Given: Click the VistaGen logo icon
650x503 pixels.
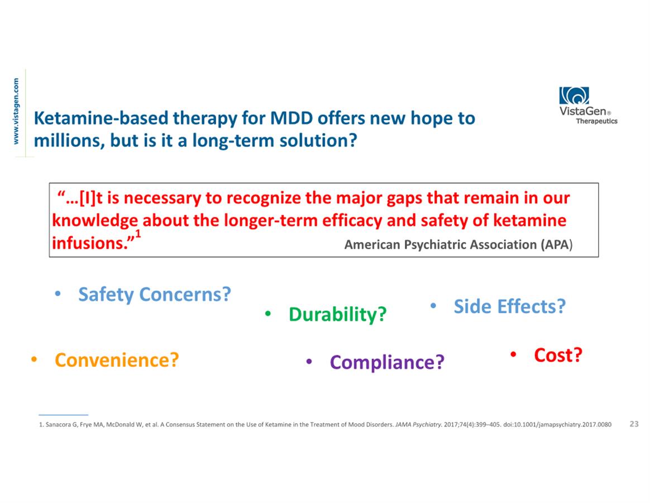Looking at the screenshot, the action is (574, 96).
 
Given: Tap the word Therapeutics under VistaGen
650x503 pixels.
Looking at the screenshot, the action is (596, 121).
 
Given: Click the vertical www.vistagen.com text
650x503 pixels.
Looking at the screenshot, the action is (16, 111).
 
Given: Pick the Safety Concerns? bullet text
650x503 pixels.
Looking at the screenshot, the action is (155, 295).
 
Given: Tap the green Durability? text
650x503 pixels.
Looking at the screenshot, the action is (337, 314).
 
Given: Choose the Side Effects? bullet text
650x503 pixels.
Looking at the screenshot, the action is (509, 306).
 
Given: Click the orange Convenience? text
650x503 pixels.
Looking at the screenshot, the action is (117, 359).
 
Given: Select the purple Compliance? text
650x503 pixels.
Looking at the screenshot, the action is (387, 362).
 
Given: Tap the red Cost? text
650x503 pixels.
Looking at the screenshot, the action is (558, 355).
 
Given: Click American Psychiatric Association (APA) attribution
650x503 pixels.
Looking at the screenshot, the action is (458, 245).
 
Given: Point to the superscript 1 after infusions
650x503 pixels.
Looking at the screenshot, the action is (138, 233).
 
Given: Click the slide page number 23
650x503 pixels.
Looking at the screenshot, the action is (634, 424).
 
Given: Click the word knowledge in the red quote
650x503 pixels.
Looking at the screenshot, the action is (95, 221).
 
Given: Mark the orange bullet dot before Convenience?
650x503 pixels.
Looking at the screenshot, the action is (34, 359).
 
